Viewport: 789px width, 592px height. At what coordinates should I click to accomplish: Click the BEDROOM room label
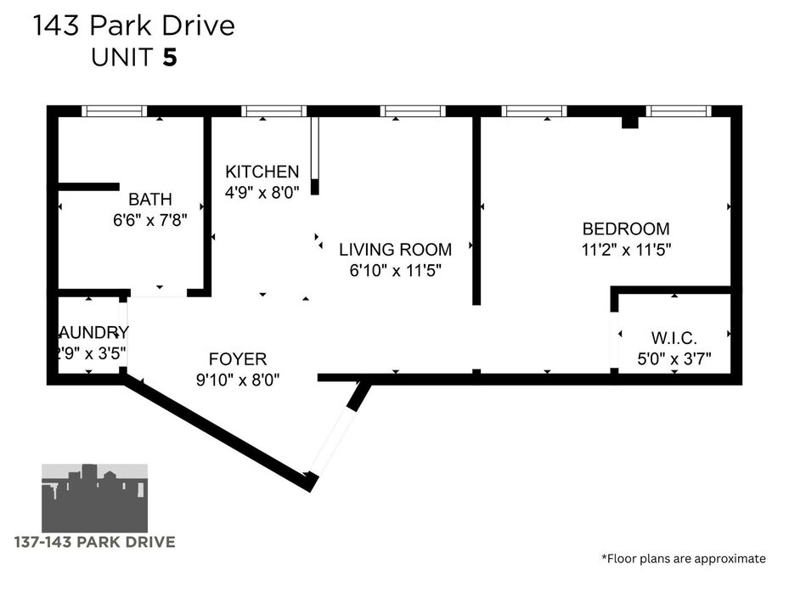click(x=625, y=228)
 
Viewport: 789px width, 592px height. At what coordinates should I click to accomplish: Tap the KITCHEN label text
click(x=262, y=172)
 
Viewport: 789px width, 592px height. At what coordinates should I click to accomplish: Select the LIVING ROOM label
click(x=395, y=250)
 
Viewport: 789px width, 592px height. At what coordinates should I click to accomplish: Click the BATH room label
click(x=149, y=200)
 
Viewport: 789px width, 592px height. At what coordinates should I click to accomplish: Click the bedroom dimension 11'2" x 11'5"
click(x=625, y=250)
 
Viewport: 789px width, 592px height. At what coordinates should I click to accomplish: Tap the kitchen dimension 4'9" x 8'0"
click(x=262, y=192)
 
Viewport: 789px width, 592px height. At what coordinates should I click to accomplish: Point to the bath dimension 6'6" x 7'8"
click(x=149, y=220)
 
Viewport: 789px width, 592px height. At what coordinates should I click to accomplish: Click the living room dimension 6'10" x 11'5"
click(x=395, y=271)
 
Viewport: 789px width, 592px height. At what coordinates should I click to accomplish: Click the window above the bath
click(x=114, y=110)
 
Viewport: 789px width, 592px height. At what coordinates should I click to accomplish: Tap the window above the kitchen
click(x=273, y=110)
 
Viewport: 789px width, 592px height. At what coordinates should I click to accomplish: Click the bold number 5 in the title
click(x=171, y=58)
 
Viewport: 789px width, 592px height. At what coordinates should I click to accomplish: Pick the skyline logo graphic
click(x=95, y=496)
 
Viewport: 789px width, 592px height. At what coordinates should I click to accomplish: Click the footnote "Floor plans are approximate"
click(x=683, y=558)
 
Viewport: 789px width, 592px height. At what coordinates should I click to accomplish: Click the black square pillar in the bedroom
click(x=629, y=122)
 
